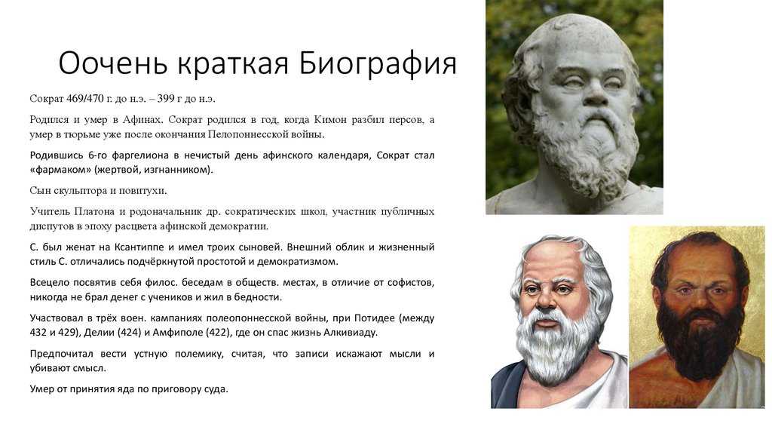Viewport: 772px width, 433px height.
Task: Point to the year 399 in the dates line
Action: [166, 99]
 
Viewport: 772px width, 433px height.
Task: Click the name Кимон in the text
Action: [330, 120]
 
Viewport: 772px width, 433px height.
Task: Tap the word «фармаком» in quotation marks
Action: [60, 170]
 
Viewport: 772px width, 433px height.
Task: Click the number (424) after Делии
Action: [127, 333]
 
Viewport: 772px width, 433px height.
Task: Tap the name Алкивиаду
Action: [350, 333]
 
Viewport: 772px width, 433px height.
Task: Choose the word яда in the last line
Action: [125, 389]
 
